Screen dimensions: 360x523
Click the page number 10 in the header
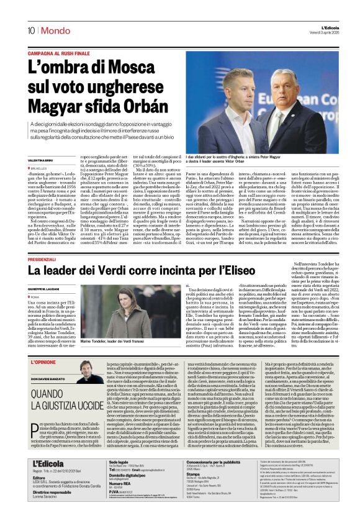(x=30, y=30)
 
